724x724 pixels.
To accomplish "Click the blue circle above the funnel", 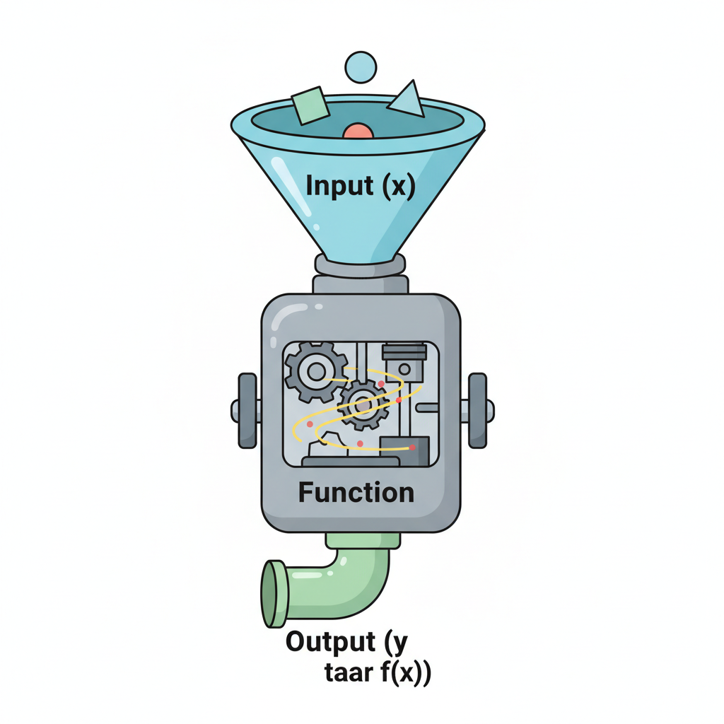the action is click(x=361, y=67).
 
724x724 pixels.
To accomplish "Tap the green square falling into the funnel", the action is click(x=310, y=106).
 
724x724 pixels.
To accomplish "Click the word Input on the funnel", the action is click(x=340, y=186).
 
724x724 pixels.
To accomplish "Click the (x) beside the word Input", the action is click(x=399, y=186).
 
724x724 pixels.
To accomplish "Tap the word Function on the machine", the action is click(x=356, y=492).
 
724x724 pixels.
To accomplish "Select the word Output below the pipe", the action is click(x=331, y=641).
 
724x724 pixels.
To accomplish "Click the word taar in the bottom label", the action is click(x=349, y=673).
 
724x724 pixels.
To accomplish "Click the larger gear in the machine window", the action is click(x=316, y=371).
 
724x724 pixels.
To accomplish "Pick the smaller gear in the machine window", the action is click(x=363, y=405).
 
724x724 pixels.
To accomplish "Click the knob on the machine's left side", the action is click(x=246, y=411).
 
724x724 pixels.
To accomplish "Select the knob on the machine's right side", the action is click(x=479, y=411).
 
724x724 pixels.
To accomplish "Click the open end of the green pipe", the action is click(x=274, y=594).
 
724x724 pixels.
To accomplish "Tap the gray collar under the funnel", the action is click(x=360, y=266).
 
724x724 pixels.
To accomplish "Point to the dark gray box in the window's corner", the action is click(x=404, y=450).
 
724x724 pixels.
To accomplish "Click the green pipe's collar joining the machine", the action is click(x=363, y=540).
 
